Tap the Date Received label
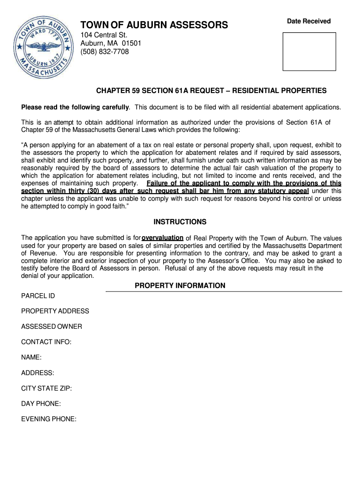(x=309, y=21)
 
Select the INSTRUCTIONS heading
(x=180, y=222)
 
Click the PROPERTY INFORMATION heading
(x=180, y=286)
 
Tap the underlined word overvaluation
(x=162, y=238)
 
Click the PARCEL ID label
(x=38, y=296)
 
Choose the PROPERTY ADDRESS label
(x=55, y=311)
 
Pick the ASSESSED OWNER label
(x=51, y=327)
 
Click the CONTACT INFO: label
(x=46, y=342)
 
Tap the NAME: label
(x=31, y=357)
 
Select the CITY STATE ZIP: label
(x=46, y=388)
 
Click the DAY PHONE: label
(x=41, y=404)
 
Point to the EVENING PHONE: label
(x=49, y=419)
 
